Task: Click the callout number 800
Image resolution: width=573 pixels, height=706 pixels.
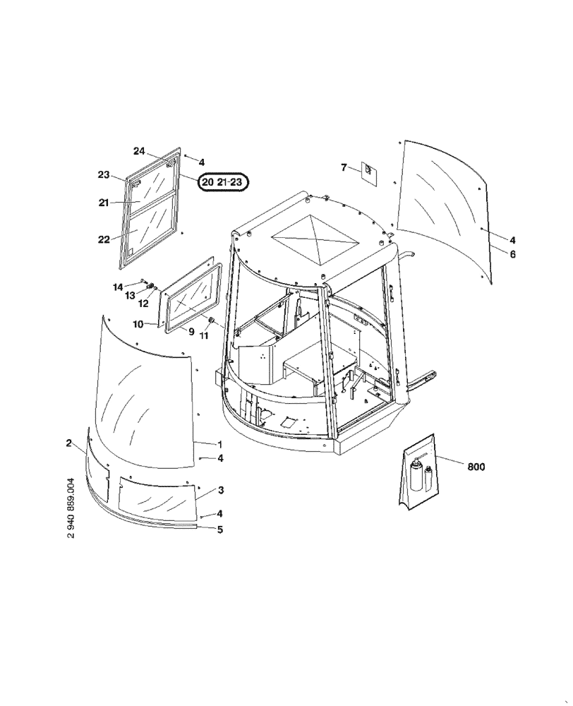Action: coord(476,467)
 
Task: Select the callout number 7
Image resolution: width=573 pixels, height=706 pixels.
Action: coord(344,167)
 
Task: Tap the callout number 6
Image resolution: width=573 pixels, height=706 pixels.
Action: coord(512,254)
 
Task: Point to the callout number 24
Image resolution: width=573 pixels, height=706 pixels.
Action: coord(139,151)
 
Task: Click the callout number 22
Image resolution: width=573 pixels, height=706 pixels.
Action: coord(104,239)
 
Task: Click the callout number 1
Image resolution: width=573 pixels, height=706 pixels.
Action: coord(220,444)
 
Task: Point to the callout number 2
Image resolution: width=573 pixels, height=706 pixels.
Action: coord(68,443)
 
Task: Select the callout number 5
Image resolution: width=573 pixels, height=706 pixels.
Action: coord(220,529)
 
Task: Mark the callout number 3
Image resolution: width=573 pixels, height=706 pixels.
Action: coord(220,490)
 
